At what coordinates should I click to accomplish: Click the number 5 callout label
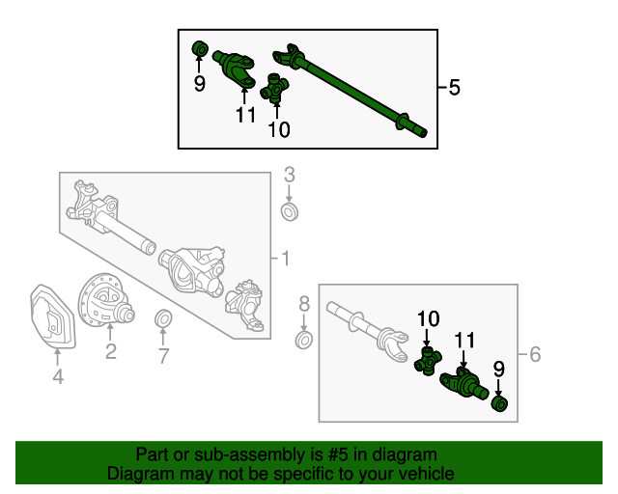[x=455, y=87]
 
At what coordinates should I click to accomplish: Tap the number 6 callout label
[x=535, y=354]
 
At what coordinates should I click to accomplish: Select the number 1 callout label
[x=286, y=259]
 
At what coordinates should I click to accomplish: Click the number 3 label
[x=290, y=175]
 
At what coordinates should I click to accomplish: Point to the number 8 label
[x=304, y=304]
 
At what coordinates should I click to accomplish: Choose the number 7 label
[x=163, y=356]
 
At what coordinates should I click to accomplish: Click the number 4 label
[x=58, y=376]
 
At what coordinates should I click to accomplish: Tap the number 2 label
[x=111, y=351]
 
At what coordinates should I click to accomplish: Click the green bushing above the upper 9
[x=200, y=49]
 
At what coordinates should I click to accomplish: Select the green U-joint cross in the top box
[x=274, y=89]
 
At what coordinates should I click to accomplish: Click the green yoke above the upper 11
[x=235, y=69]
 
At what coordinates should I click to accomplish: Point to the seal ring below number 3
[x=290, y=211]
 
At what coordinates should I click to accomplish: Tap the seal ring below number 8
[x=304, y=341]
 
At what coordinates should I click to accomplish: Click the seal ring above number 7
[x=163, y=318]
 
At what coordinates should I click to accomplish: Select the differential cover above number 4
[x=52, y=316]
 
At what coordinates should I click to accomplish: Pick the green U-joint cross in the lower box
[x=428, y=361]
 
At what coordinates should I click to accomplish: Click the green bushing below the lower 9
[x=499, y=404]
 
